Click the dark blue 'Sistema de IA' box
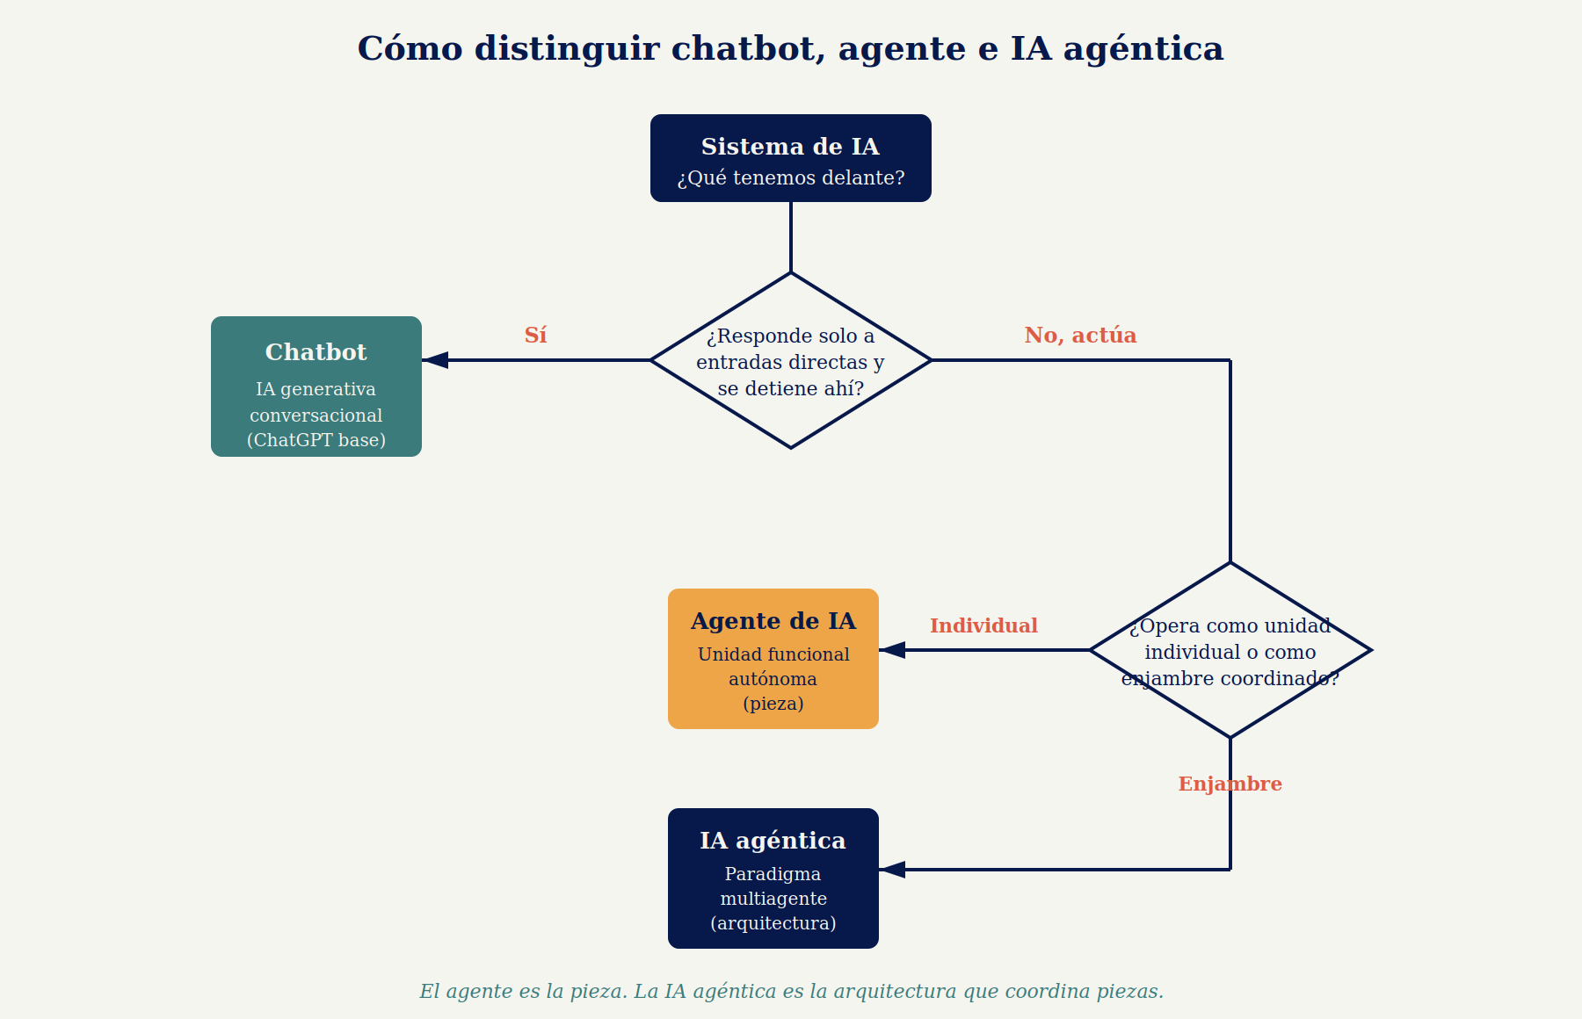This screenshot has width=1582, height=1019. [x=791, y=158]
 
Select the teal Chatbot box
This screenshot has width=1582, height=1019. [x=316, y=387]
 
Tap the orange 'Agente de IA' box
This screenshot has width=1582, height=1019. [x=773, y=659]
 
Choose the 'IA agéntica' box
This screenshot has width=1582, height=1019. [x=773, y=878]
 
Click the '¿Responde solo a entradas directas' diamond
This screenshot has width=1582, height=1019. [x=791, y=360]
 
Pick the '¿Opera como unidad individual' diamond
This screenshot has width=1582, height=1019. [x=1230, y=650]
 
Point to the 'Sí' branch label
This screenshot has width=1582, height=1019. [x=535, y=335]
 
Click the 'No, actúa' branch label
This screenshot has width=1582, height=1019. [x=1080, y=335]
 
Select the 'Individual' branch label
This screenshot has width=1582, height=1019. [x=983, y=625]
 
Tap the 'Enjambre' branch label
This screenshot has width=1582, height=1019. [x=1230, y=784]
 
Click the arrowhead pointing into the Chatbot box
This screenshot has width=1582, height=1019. [x=436, y=360]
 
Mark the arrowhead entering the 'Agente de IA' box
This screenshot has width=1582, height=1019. [x=893, y=650]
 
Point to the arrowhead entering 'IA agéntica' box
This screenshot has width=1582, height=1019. [x=893, y=870]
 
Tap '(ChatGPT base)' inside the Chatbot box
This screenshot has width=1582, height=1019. [x=316, y=440]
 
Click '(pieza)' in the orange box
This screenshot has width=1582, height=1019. [x=773, y=704]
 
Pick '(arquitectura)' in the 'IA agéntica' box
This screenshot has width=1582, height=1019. [x=773, y=923]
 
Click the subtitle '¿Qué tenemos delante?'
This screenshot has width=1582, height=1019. [x=791, y=178]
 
